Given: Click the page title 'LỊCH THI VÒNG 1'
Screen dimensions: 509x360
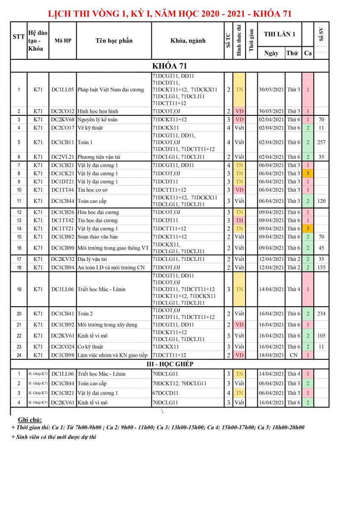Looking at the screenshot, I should (170, 14).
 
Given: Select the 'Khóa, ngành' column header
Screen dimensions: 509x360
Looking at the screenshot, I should (187, 41).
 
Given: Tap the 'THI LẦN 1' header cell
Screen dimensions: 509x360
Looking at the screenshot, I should (279, 34).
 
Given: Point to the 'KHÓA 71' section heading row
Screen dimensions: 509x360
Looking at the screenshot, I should (170, 66).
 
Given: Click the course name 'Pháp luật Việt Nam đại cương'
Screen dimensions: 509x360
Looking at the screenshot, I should (111, 89).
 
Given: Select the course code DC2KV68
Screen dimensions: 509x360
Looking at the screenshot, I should (62, 120).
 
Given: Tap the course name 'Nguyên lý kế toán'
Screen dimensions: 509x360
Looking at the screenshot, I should (98, 120).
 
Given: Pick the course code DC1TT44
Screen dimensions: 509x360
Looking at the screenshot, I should (62, 190).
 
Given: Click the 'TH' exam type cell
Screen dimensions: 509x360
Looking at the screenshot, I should (240, 220).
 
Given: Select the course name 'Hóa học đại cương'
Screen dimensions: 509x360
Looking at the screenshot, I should (98, 212).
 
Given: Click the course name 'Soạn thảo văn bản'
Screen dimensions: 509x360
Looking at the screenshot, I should (98, 237).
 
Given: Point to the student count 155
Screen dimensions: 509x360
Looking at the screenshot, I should (321, 267).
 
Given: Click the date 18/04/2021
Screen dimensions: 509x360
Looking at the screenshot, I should (271, 355).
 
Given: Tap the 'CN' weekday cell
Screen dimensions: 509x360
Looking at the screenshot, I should (293, 355).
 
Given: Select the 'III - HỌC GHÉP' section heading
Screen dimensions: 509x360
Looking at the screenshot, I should (170, 364).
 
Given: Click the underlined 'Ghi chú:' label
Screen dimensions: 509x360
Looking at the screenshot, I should (30, 420).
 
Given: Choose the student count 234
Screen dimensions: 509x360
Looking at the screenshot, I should (321, 314).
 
